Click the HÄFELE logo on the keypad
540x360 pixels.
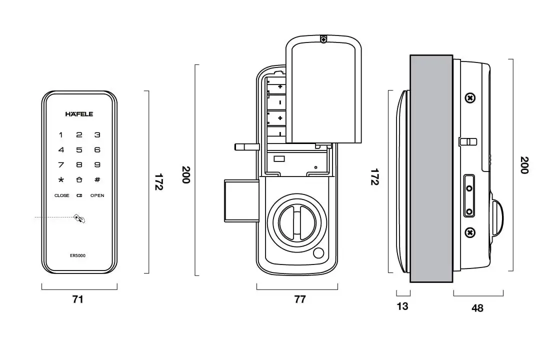[79, 114]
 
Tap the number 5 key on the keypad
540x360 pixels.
[79, 149]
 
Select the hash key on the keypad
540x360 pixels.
[97, 180]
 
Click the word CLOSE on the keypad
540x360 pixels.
[62, 195]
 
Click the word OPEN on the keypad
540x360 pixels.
[97, 195]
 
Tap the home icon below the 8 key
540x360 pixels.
[79, 180]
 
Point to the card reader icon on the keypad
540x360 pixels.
[79, 218]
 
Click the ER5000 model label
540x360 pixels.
[77, 255]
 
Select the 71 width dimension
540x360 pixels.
[77, 299]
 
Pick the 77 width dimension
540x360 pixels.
[299, 299]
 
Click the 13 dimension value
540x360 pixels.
[402, 306]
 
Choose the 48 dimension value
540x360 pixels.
[477, 308]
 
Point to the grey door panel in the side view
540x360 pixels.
[431, 168]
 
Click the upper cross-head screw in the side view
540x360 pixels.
[469, 98]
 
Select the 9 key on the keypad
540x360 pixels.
[97, 164]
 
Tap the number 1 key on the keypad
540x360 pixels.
[61, 134]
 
